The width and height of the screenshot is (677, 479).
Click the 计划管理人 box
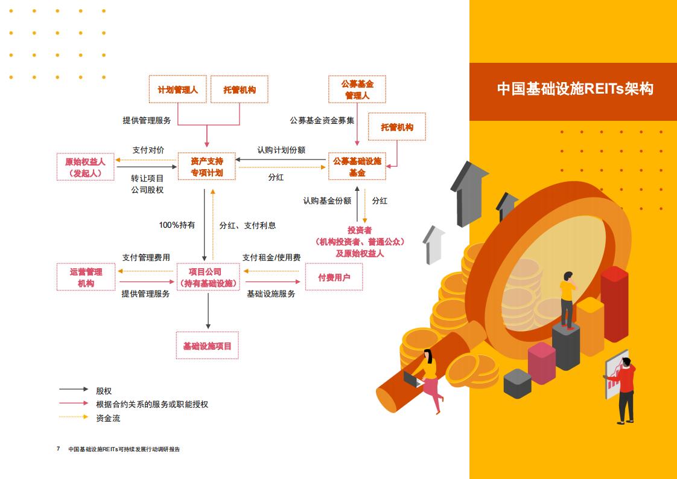point(177,89)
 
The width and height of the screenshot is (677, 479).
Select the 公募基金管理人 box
point(357,89)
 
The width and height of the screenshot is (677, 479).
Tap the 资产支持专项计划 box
point(207,167)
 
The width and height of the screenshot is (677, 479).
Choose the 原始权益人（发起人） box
point(86,167)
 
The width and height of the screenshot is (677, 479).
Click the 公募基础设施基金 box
point(357,167)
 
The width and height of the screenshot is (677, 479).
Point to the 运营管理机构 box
point(86,277)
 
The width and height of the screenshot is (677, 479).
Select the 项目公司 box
point(208,277)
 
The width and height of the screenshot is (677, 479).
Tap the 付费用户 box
point(334,277)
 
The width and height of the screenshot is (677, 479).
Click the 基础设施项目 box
point(207,346)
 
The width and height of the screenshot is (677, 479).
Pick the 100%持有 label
point(177,225)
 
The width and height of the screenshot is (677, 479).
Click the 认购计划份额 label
point(282,150)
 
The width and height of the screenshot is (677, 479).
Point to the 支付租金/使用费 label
point(271,258)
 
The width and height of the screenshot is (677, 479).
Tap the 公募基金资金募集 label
point(322,120)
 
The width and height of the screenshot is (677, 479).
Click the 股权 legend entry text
point(104,391)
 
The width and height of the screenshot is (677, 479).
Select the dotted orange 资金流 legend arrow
point(74,417)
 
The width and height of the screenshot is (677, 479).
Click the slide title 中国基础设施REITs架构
point(575,89)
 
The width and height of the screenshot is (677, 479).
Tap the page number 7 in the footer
point(59,448)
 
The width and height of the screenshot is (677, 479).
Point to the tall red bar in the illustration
point(614,303)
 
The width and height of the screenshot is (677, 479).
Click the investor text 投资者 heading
point(360,230)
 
